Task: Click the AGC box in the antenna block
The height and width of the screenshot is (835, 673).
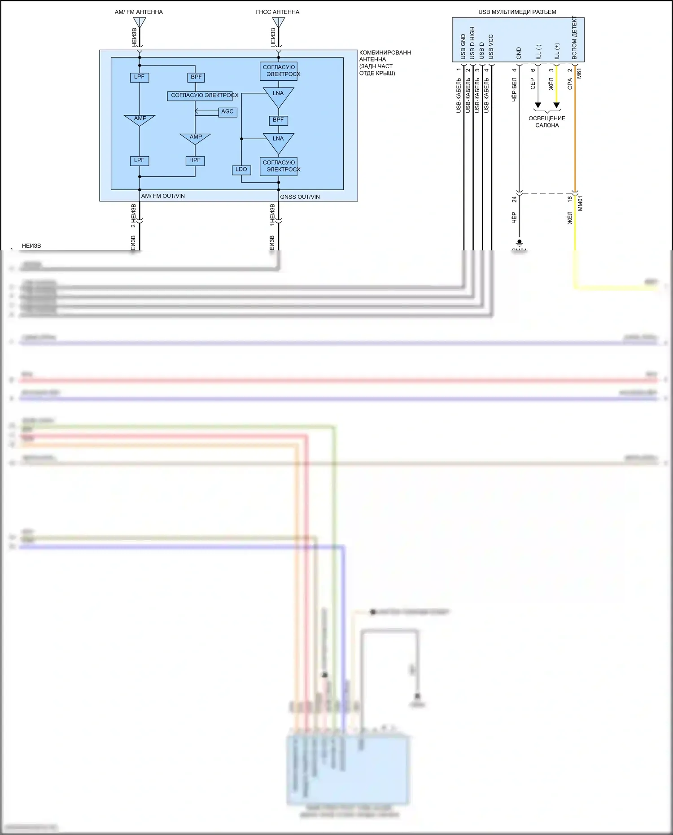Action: pos(227,112)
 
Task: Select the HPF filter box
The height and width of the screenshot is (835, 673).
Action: pos(195,161)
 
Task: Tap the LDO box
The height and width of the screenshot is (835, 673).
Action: pos(241,170)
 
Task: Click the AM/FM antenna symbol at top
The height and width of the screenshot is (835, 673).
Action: pos(140,22)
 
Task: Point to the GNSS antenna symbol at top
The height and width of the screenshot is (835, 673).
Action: pos(278,22)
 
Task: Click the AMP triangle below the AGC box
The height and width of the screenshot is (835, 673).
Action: pos(195,138)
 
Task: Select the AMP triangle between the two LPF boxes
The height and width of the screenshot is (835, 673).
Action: pos(140,120)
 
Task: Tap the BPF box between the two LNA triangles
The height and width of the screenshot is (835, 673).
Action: pos(278,120)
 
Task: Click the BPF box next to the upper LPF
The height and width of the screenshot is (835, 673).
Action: pos(196,77)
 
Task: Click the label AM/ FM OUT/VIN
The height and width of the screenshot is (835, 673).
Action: pos(163,196)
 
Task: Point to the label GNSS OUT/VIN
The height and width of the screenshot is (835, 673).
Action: pos(300,197)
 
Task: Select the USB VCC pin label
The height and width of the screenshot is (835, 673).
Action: pos(491,47)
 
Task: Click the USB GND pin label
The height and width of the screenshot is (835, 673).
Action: pos(463,47)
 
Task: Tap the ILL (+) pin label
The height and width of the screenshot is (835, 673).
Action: pos(557,51)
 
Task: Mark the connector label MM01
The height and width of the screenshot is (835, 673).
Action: pos(580,203)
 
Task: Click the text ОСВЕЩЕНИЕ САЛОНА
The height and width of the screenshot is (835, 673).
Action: pos(547,122)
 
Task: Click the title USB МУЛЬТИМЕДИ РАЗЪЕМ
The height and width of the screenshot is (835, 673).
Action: pos(517,12)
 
